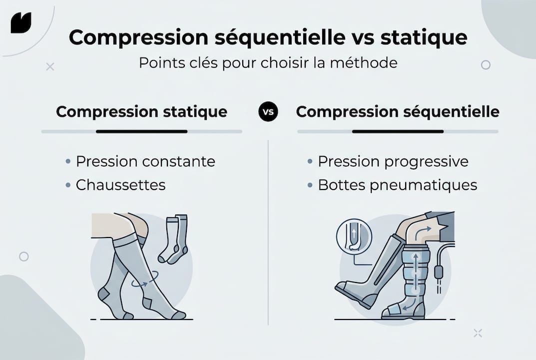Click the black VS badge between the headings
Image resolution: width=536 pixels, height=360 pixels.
coord(268,111)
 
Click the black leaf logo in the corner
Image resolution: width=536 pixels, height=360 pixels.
coord(21,22)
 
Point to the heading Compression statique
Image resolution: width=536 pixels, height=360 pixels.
coord(141,111)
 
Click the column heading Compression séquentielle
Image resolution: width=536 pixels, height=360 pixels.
coord(397,111)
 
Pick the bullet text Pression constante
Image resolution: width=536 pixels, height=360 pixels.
coord(145,161)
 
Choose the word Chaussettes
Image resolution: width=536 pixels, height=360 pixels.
coord(120,185)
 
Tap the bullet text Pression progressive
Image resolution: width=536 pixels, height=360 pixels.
coord(393,161)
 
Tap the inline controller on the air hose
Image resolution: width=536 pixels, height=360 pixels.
coord(439,272)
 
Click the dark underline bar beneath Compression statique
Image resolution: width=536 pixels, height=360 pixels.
coord(141,131)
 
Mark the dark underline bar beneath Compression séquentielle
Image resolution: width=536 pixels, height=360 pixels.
coord(398,131)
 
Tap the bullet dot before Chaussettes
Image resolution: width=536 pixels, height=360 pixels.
coord(68,185)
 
